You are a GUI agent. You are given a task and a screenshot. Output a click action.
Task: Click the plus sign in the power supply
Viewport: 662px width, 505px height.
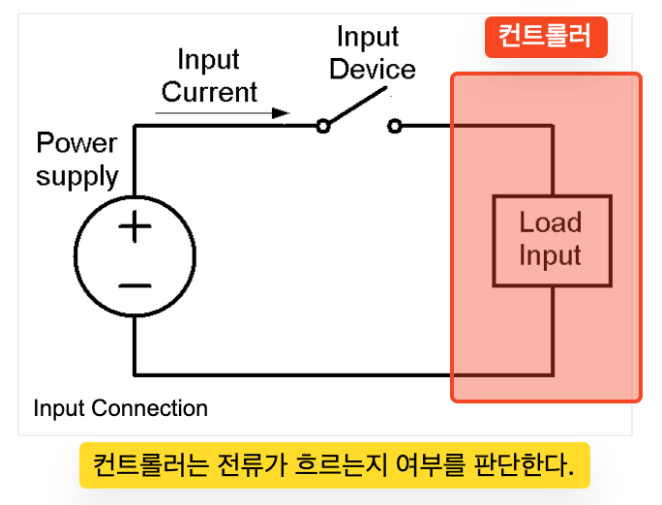pos(135,226)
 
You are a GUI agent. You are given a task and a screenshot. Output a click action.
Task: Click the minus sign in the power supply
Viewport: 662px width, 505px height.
pos(135,286)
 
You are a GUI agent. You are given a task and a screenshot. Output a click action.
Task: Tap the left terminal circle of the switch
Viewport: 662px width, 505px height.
pos(323,126)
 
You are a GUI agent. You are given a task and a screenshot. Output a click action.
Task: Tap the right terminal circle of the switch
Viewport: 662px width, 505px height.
pos(395,126)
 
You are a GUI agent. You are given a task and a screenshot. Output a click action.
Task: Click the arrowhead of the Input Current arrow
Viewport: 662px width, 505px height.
pos(281,113)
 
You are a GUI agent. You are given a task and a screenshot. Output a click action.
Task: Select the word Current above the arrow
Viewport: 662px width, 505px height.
pos(209,92)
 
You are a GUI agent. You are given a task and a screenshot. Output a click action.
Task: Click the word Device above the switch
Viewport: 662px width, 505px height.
pos(373,70)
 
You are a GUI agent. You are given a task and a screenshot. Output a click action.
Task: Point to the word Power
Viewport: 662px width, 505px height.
pos(76,142)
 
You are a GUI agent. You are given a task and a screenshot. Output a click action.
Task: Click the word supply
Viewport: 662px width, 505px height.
pos(76,177)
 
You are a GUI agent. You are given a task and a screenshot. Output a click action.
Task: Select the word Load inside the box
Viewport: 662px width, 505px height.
pos(550,222)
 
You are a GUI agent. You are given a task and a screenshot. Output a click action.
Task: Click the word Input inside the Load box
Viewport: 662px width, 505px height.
pos(550,255)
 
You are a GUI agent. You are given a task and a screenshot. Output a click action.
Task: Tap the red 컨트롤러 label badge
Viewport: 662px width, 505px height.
pos(546,37)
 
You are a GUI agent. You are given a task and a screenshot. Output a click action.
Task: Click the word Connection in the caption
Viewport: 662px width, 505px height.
pos(149,408)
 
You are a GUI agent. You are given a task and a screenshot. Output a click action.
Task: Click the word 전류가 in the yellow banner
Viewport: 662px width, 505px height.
pos(252,465)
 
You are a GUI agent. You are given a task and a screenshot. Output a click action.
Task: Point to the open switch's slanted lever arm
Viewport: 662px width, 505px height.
pos(357,105)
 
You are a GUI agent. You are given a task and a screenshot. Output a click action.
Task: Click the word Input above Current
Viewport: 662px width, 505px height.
pos(208,60)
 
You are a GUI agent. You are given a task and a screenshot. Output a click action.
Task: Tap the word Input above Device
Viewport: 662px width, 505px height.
pos(368,37)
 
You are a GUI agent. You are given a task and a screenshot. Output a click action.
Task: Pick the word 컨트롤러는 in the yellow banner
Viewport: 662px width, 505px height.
pos(151,465)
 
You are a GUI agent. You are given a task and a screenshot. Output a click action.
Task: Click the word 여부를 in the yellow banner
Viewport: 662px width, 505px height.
pos(431,465)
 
